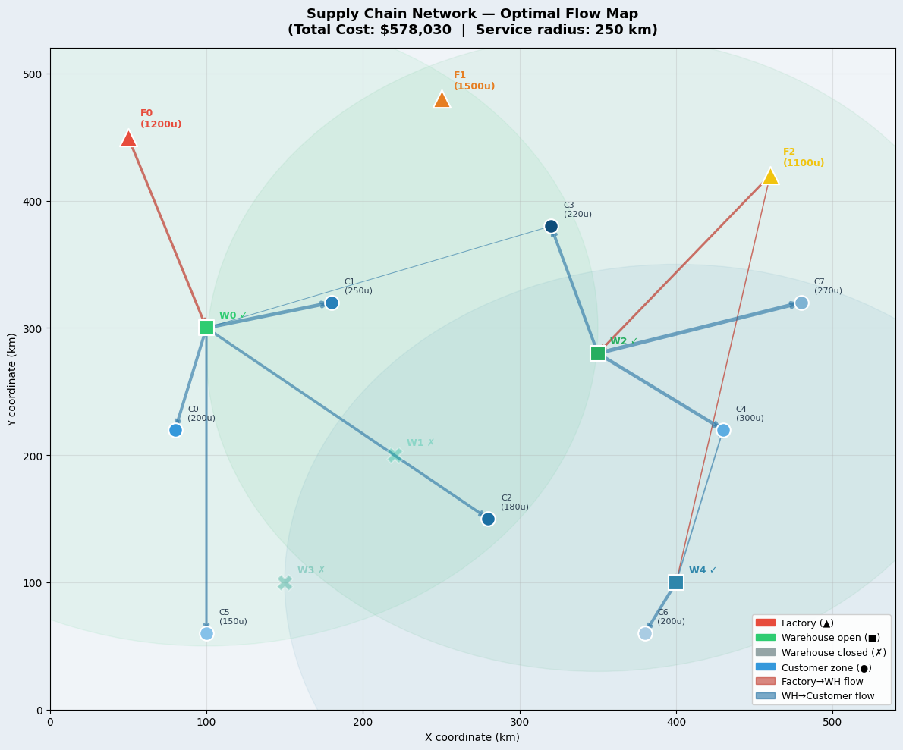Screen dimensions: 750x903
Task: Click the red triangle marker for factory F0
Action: [128, 138]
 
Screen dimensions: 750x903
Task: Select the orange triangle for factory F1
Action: [442, 99]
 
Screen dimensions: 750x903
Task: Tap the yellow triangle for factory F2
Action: [770, 176]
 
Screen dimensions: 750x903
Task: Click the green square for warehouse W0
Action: [206, 328]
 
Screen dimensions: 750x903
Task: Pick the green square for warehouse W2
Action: [598, 353]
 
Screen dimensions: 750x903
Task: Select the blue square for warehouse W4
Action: [676, 582]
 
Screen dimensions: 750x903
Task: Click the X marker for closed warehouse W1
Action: [395, 455]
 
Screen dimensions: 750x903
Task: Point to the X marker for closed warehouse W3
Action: [285, 582]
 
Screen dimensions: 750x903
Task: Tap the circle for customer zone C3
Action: [551, 226]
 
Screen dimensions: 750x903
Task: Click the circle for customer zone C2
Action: [488, 519]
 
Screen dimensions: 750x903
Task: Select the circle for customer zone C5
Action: [206, 633]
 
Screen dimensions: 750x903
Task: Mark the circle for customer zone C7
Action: [801, 303]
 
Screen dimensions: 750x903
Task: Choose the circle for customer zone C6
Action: [645, 633]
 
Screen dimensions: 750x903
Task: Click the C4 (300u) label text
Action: [750, 413]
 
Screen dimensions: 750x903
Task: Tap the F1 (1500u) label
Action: [474, 81]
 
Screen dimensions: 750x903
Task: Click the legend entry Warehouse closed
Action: [833, 652]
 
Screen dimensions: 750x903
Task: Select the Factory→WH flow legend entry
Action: [822, 682]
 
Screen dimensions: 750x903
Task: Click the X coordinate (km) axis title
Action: [473, 737]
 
